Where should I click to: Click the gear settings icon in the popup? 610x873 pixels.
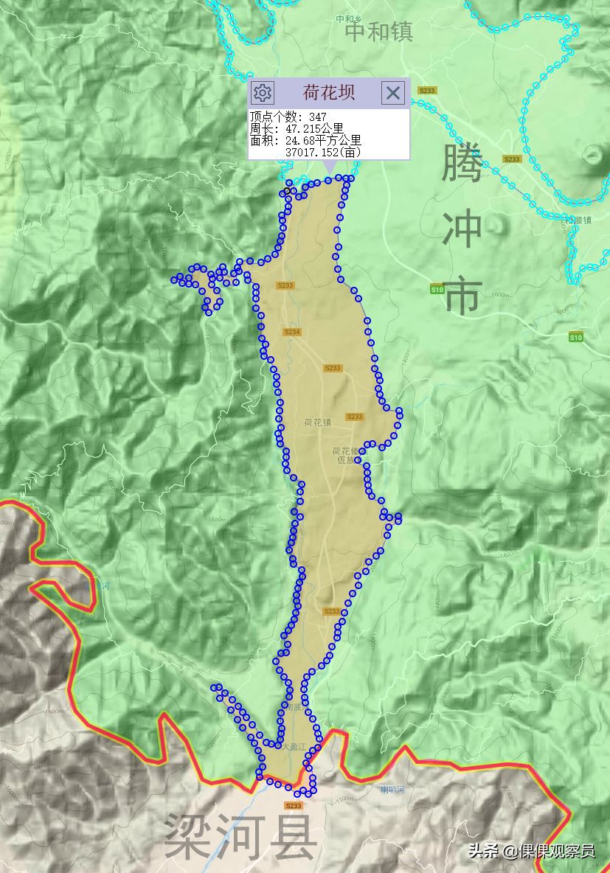pos(263,92)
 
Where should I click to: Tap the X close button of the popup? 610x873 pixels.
pos(393,92)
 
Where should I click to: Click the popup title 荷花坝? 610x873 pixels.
pos(328,92)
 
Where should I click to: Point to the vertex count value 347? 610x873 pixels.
pos(318,117)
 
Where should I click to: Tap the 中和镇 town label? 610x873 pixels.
pos(379,32)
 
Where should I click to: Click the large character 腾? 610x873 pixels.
pos(462,164)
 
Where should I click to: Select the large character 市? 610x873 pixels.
pos(462,295)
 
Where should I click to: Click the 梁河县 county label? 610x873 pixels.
pos(240,836)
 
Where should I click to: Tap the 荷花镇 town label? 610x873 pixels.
pos(318,422)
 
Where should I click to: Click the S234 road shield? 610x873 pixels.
pos(292,333)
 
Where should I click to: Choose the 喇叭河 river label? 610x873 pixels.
pos(392,790)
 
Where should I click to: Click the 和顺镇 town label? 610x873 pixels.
pos(578,220)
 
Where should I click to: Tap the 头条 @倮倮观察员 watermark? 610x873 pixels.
pos(530,851)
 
